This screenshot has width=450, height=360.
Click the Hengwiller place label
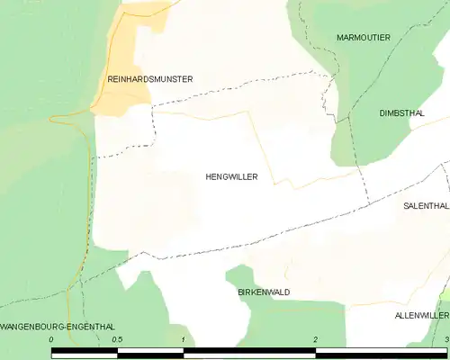coord(231,177)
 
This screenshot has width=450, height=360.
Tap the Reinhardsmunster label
coord(150,79)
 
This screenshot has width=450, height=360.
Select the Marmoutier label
coord(363,37)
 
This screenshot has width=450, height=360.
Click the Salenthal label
coord(425,205)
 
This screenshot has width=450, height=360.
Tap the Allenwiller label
coord(421,316)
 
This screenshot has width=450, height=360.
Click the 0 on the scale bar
coord(52,338)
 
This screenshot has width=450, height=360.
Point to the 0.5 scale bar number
coord(117,338)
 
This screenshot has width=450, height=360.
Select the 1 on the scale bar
coord(184,338)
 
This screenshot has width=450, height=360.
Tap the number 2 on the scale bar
coord(315,338)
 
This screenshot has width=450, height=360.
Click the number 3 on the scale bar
coord(445,338)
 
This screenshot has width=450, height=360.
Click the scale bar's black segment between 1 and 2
coord(249,352)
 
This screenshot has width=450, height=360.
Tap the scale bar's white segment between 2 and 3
coord(381,352)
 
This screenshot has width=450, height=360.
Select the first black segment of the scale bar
coord(85,352)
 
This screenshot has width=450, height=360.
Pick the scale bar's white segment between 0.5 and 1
coord(150,352)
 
